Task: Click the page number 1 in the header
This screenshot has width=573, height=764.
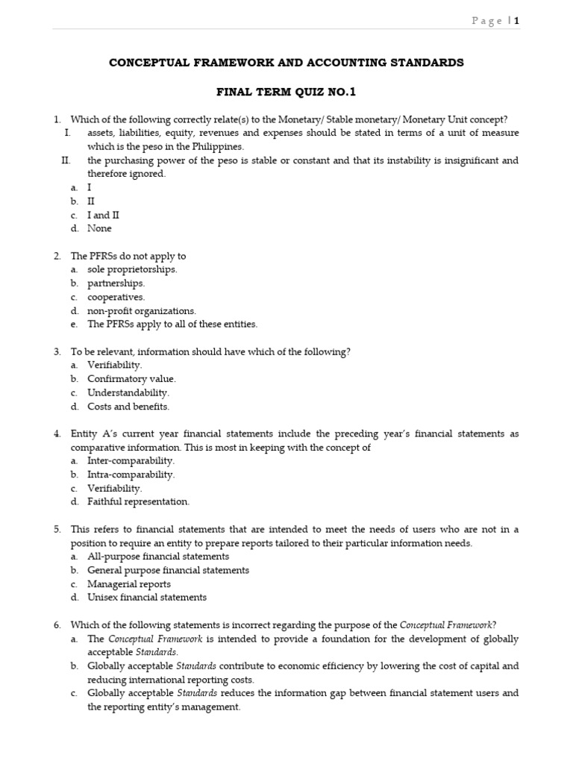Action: click(x=516, y=21)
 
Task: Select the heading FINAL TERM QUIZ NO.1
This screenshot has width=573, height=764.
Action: click(x=286, y=93)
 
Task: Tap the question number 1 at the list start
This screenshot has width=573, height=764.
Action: click(x=57, y=119)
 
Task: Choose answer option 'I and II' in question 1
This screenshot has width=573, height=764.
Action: click(x=103, y=215)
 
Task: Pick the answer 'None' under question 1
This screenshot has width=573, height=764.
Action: click(x=99, y=228)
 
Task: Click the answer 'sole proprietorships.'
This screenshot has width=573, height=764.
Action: click(x=132, y=269)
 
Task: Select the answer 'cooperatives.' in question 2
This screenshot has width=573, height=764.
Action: click(x=116, y=297)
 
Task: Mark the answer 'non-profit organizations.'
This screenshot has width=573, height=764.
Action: click(x=141, y=310)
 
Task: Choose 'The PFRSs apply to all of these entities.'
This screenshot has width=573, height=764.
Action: click(x=172, y=324)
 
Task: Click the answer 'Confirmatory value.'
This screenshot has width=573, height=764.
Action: click(x=131, y=379)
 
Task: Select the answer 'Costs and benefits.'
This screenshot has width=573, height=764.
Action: click(x=128, y=407)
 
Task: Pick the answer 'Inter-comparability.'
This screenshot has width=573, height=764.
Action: click(x=131, y=461)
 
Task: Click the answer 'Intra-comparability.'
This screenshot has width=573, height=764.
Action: click(x=131, y=475)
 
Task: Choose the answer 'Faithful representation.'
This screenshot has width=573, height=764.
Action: click(x=138, y=501)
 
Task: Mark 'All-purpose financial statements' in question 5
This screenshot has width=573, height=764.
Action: click(x=158, y=557)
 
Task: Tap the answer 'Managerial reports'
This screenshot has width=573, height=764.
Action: click(x=129, y=584)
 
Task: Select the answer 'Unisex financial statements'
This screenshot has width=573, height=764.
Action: click(x=147, y=598)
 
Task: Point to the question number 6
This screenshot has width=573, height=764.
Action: click(x=57, y=625)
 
